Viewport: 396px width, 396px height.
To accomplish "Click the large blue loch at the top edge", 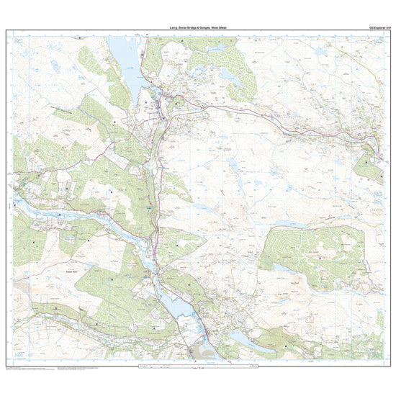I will tap(124, 61).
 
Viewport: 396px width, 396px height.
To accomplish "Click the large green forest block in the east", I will tap(310, 256).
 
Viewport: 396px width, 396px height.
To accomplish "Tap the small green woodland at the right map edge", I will tap(369, 166).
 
